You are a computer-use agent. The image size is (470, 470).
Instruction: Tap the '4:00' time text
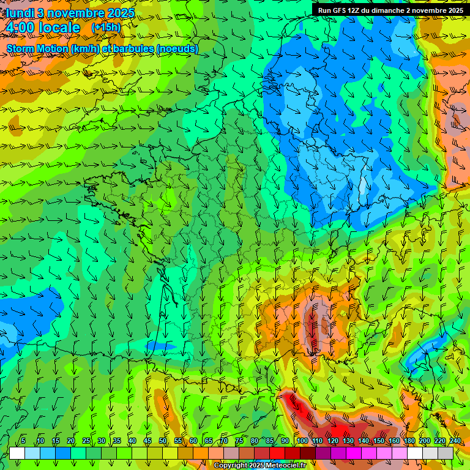tap(22, 28)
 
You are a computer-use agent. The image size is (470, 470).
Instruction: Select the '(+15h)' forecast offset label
tap(106, 28)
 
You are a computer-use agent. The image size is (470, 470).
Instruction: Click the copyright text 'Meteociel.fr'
tap(282, 466)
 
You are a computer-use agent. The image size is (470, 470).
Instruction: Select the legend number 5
tap(23, 441)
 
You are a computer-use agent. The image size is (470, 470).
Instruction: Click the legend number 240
tap(455, 441)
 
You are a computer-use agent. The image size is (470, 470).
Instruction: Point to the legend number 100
tap(302, 441)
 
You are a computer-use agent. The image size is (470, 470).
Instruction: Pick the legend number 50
tap(163, 441)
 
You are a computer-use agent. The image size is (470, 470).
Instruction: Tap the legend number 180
tap(408, 441)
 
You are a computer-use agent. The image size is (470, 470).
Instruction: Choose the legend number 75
tap(239, 441)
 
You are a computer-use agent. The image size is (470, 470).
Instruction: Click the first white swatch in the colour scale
tap(17, 453)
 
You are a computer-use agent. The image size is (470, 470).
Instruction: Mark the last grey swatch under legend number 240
tap(446, 453)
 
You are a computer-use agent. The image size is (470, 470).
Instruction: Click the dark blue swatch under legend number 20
tap(63, 453)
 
